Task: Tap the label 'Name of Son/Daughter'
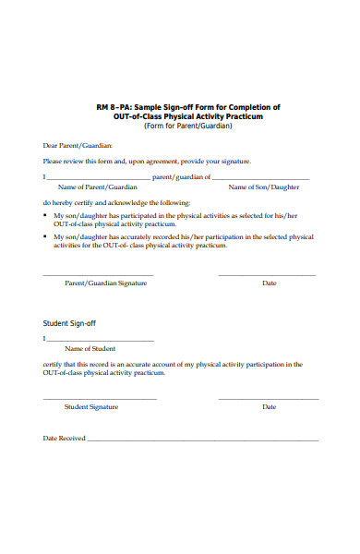pyautogui.click(x=264, y=187)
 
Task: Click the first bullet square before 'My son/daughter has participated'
pyautogui.click(x=46, y=215)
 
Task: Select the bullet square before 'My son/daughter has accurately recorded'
pyautogui.click(x=46, y=237)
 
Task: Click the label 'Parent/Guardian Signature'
pyautogui.click(x=105, y=283)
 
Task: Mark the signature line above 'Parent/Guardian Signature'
pyautogui.click(x=98, y=275)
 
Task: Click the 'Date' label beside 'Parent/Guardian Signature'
pyautogui.click(x=270, y=283)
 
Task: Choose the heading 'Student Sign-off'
pyautogui.click(x=70, y=324)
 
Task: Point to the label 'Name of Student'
pyautogui.click(x=90, y=349)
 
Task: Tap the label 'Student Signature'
pyautogui.click(x=90, y=406)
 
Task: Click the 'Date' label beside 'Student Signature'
pyautogui.click(x=270, y=406)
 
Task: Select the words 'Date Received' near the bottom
pyautogui.click(x=64, y=439)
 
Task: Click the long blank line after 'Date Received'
pyautogui.click(x=202, y=440)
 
